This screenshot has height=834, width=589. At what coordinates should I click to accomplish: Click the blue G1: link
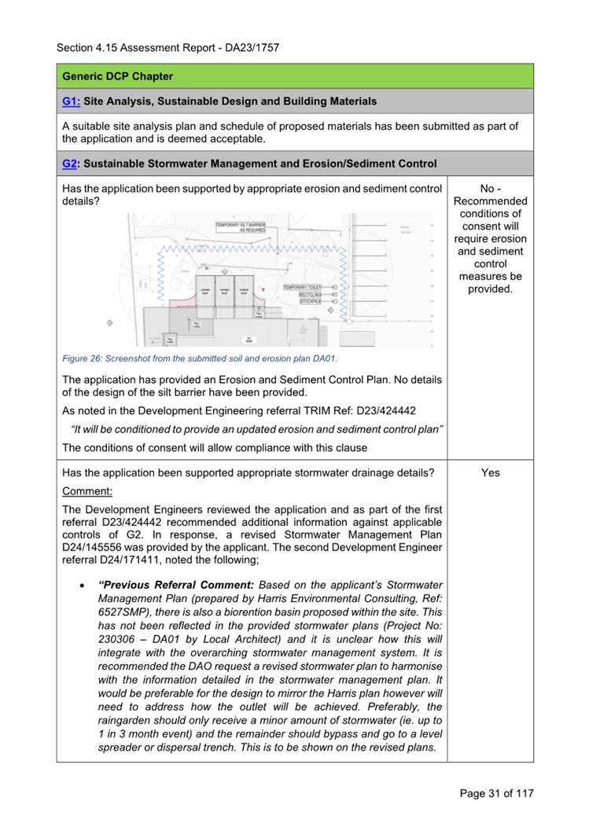pos(71,101)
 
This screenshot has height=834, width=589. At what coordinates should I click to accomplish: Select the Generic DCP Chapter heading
pos(118,77)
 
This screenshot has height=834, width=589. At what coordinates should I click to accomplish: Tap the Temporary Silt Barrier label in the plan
pos(241,227)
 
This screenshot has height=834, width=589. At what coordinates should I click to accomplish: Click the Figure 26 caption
pos(199,359)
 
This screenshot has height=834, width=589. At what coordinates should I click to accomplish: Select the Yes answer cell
pos(490,473)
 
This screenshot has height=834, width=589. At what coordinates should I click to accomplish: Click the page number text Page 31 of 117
pos(496,793)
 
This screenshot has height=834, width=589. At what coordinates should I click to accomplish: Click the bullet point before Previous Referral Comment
pos(82,586)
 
